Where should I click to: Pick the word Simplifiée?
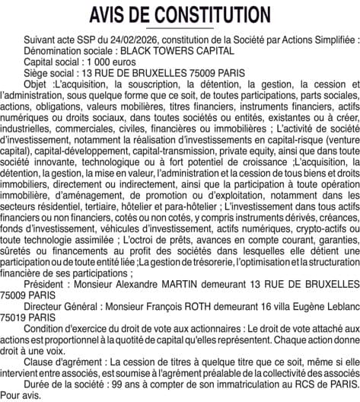point(332,37)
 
